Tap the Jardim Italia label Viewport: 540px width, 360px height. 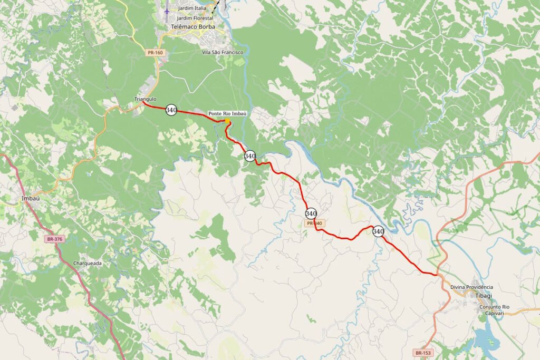tap(192, 9)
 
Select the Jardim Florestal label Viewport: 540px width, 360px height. tap(195, 17)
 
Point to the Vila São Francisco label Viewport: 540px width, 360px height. tap(223, 52)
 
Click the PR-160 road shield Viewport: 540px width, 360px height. tap(156, 52)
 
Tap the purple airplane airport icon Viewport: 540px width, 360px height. tap(167, 10)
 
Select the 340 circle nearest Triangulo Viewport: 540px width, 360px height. tap(171, 110)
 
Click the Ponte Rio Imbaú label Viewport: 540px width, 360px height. tap(227, 113)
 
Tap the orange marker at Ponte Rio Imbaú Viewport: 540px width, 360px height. tap(227, 121)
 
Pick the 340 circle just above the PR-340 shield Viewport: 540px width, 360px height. tap(311, 213)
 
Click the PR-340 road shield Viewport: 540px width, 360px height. tap(314, 223)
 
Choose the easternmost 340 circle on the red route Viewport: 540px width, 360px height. tap(378, 231)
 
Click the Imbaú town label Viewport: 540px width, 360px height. tap(31, 198)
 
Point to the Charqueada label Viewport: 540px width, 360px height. tap(88, 262)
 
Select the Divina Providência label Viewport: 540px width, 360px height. tap(471, 287)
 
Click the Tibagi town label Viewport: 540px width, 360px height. tap(484, 296)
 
